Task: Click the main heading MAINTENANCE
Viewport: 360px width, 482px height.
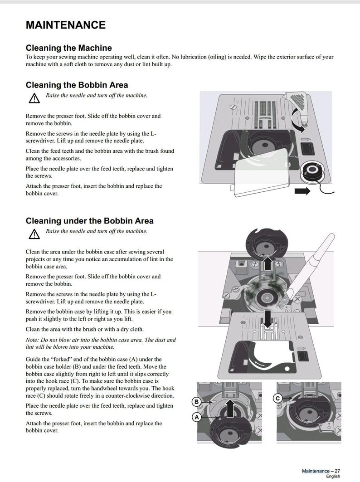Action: click(x=65, y=25)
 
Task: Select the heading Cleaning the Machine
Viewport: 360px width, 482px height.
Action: click(x=68, y=48)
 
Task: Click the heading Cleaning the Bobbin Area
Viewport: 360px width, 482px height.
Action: click(x=77, y=85)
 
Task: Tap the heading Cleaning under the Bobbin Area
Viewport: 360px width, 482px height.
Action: click(x=89, y=221)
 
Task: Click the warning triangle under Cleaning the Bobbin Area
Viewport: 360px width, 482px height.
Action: click(x=34, y=97)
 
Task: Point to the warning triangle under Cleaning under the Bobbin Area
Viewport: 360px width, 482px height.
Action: click(x=34, y=234)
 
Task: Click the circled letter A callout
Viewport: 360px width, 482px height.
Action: click(x=196, y=418)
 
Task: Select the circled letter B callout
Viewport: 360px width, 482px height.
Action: click(x=196, y=402)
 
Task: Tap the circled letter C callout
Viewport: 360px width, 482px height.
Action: click(x=277, y=399)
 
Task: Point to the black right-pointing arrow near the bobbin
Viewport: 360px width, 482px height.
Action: click(x=302, y=191)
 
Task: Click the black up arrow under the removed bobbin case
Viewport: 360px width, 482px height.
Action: click(x=268, y=262)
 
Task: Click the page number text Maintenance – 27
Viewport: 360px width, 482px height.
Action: click(x=321, y=471)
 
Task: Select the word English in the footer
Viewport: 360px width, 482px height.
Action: click(x=332, y=477)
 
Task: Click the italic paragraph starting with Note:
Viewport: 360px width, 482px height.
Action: click(x=101, y=343)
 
